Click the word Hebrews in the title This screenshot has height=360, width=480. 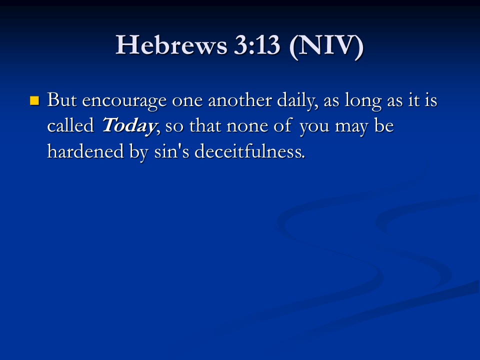pos(171,45)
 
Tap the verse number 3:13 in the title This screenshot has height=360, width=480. pos(257,45)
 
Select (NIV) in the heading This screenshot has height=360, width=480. pos(326,46)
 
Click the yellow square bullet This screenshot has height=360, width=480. pos(34,100)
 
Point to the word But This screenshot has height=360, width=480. pos(61,100)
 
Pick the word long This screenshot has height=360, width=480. pos(363,101)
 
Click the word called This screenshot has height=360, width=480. pos(70,125)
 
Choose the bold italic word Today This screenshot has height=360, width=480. pos(129,126)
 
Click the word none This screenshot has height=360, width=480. pos(247,126)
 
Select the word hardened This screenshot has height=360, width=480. pos(85,151)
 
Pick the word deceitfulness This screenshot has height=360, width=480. pos(249,151)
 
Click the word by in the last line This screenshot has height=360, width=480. pos(139,152)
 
